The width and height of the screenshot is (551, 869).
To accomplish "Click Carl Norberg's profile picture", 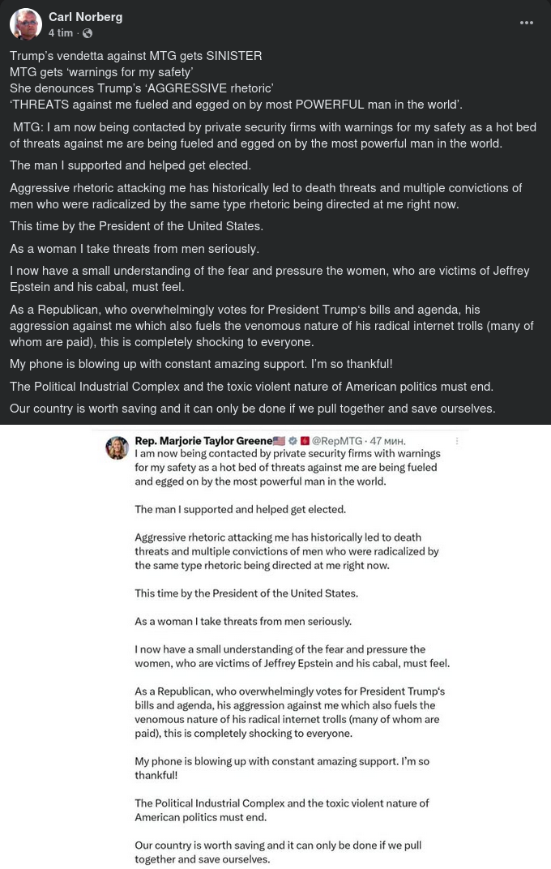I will click(25, 25).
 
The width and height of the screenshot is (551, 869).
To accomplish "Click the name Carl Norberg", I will click(85, 17).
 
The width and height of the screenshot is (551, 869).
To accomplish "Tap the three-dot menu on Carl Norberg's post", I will click(527, 23).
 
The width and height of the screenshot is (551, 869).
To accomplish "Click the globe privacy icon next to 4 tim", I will click(88, 33).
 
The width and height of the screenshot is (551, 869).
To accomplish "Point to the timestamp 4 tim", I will click(60, 33).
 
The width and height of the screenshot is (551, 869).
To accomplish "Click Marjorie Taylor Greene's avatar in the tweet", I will click(117, 447).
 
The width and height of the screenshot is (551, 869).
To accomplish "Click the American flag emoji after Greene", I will click(280, 441).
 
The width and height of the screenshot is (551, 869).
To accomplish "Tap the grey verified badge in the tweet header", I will click(293, 441).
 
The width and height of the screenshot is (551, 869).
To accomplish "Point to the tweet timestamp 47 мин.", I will click(387, 441).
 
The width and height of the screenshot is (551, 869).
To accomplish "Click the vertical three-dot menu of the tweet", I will click(458, 441).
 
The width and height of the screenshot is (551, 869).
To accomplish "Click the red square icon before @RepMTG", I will click(305, 441).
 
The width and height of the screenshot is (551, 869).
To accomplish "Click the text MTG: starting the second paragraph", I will click(28, 127).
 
